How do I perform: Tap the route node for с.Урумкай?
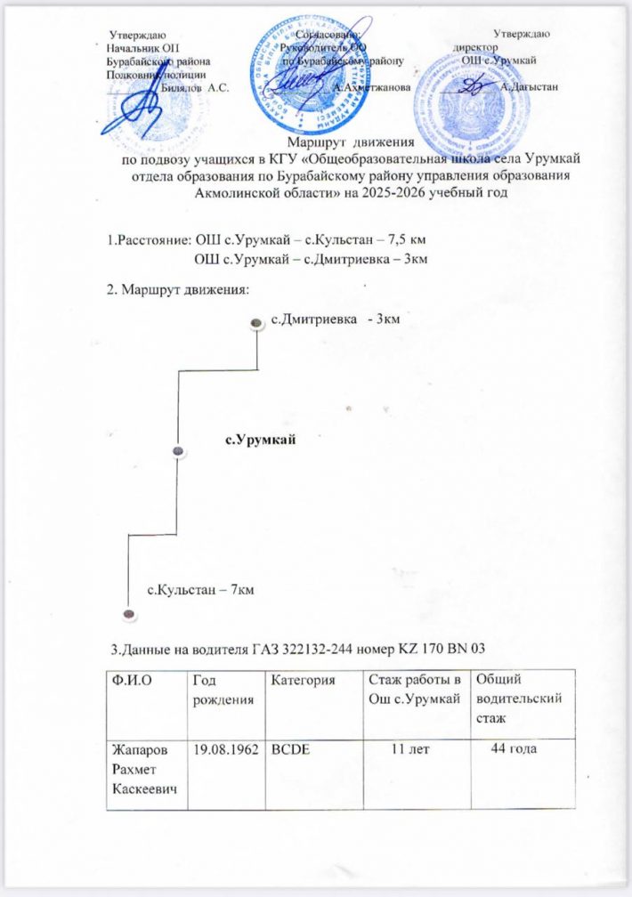coord(178,453)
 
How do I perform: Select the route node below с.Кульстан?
coord(128,614)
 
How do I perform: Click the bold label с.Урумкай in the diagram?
coord(259,439)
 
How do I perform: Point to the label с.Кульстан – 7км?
coord(199,589)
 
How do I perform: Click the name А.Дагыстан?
coord(530,87)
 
